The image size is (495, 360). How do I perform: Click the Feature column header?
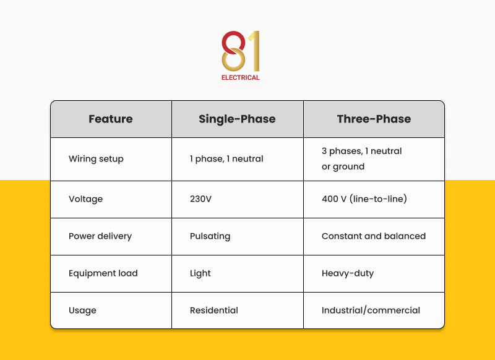tap(111, 119)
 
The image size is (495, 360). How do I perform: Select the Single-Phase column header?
tap(237, 119)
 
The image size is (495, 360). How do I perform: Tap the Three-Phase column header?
tap(374, 119)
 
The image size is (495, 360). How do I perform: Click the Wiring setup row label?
tap(96, 159)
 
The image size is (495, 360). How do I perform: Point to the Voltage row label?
tap(85, 199)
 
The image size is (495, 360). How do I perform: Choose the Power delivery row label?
tap(100, 236)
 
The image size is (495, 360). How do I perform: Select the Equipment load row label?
tap(103, 273)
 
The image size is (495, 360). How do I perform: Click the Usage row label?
tap(82, 311)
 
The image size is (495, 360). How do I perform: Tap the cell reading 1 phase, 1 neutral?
tap(226, 159)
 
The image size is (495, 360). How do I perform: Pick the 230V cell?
tap(200, 199)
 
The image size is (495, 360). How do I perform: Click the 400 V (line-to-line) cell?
tap(364, 199)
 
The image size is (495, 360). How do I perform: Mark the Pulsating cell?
tap(210, 236)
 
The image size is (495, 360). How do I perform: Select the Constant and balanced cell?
tap(374, 236)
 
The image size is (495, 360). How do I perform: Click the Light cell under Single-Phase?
tap(200, 273)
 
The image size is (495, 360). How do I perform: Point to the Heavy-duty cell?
tap(348, 273)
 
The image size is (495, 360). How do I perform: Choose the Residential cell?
tap(214, 311)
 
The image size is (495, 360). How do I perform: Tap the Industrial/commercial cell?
tap(371, 311)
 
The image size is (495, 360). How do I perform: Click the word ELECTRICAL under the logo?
tap(241, 78)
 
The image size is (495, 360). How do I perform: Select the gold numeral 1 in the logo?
tap(253, 51)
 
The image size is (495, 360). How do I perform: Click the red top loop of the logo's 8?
tap(232, 41)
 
